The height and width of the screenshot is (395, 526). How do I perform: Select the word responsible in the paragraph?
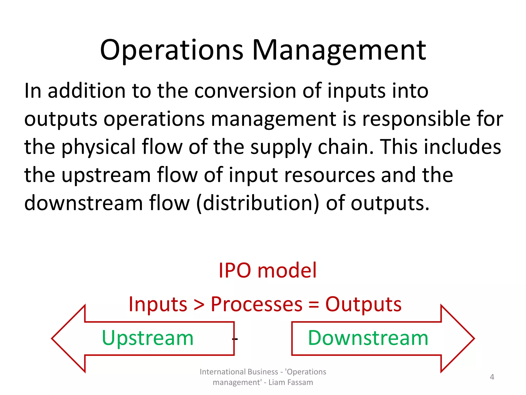pos(416,119)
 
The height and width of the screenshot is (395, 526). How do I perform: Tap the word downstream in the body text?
pos(83,203)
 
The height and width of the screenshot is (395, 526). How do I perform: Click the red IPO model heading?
pos(268,271)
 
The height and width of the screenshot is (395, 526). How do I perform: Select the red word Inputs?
pos(158,304)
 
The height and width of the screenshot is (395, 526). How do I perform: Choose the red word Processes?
pos(257,304)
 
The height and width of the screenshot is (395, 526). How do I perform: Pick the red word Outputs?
pos(363,304)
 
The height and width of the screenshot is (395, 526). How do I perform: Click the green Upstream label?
pos(148,338)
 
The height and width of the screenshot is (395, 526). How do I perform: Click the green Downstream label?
pos(368,338)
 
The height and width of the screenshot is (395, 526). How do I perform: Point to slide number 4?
pos(492,377)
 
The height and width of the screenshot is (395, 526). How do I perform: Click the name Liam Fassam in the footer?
pos(291,382)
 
